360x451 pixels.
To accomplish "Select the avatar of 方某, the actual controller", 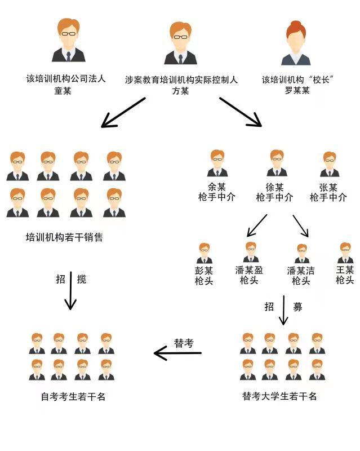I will pos(180,43).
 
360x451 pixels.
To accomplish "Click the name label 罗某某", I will pos(297,91).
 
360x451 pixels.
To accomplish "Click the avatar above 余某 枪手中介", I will pos(216,163).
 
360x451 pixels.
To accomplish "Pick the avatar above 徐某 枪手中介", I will pos(275,163).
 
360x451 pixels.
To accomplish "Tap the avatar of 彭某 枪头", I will pos(204,253).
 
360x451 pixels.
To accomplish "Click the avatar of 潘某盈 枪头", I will pos(250,252).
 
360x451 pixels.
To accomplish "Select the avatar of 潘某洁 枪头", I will pos(301,253).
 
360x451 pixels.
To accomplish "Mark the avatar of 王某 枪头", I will pos(345,253).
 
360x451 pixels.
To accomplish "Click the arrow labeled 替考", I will pos(177,353).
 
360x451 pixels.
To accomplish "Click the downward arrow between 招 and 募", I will pos(283,309).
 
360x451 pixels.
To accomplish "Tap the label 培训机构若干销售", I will pos(64,237).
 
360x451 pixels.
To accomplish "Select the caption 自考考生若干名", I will pos(73,396).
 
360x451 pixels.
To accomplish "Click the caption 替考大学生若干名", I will pos(279,396).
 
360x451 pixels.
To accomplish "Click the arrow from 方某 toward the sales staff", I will pos(124,112).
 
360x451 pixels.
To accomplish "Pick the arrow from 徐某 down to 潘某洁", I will pos(300,225).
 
